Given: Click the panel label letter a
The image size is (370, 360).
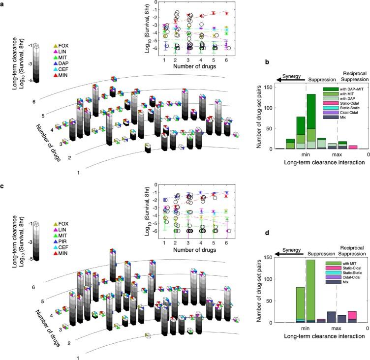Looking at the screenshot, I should [x=3, y=4].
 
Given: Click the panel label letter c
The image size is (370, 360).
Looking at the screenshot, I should [x=3, y=188].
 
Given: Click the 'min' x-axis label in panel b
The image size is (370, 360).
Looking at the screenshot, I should [x=306, y=155].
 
